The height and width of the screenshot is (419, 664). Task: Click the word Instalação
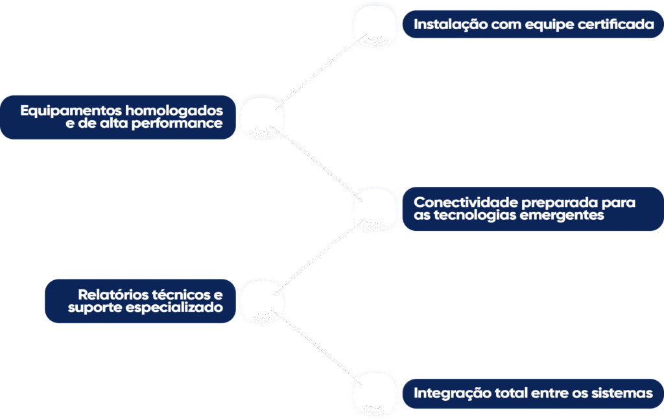(x=443, y=25)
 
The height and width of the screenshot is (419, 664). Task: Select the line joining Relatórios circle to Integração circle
(x=318, y=347)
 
